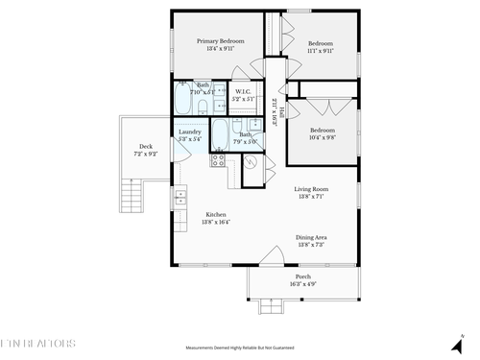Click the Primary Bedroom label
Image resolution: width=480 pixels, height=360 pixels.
click(x=220, y=41)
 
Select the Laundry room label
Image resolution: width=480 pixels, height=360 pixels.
click(x=190, y=132)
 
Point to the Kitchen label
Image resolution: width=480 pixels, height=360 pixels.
click(x=215, y=214)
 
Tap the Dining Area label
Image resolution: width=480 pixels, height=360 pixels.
click(x=311, y=237)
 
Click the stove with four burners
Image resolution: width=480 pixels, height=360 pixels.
click(x=217, y=158)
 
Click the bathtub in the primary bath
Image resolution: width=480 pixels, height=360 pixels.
click(x=186, y=101)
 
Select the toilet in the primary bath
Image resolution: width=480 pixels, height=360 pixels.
click(x=215, y=99)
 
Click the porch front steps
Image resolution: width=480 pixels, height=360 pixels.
click(x=273, y=307)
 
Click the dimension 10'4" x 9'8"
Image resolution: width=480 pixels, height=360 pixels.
click(x=322, y=137)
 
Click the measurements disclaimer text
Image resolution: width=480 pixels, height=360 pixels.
click(x=239, y=348)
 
